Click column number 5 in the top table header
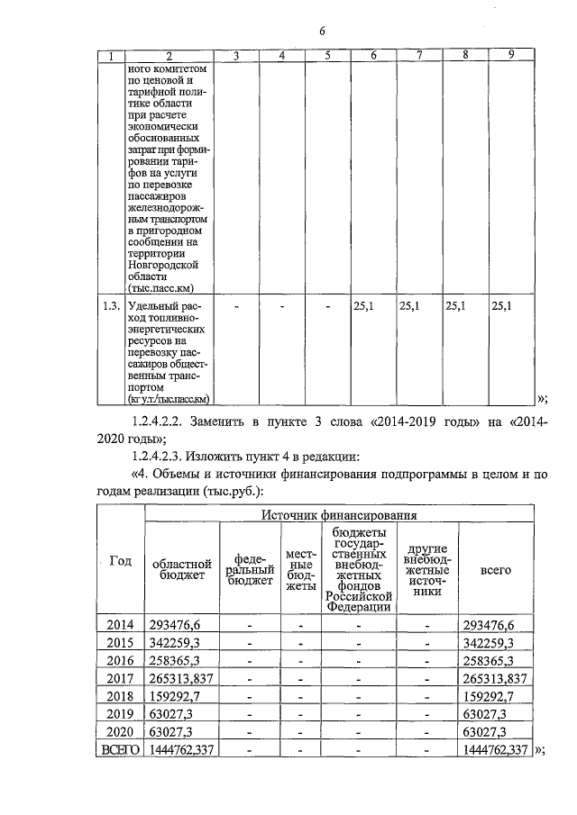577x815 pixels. (x=328, y=56)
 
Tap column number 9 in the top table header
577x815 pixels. (x=510, y=56)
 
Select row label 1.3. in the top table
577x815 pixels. (x=111, y=306)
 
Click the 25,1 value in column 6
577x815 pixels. (x=363, y=306)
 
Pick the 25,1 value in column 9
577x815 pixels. (x=502, y=306)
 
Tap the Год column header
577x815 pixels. (x=120, y=561)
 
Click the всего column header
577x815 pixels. (x=496, y=570)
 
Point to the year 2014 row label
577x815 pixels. (x=119, y=625)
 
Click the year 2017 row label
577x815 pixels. (x=119, y=678)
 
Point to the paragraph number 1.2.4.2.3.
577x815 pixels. (x=166, y=455)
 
